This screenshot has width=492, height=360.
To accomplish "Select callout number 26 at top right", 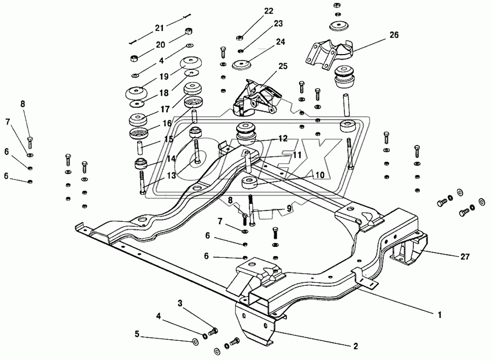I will pos(394,35).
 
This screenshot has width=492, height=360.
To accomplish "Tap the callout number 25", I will pos(283,67).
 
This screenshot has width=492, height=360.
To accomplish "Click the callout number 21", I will pos(159,28).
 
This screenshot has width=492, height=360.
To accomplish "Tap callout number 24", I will pos(280,42).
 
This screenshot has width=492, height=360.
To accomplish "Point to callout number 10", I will pos(319,175).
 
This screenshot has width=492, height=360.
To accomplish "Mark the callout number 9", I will pos(289,208).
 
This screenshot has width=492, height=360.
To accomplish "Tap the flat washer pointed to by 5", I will pos(196,343).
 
